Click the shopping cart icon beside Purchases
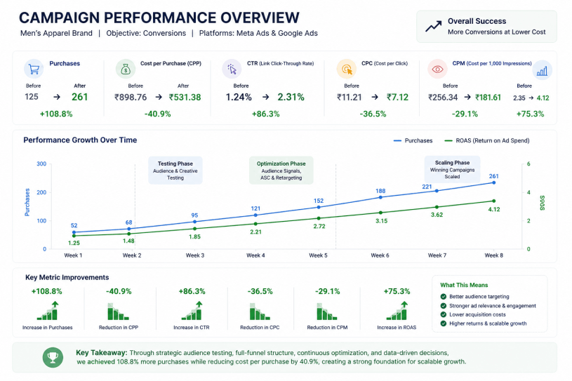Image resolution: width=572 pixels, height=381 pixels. coord(34,69)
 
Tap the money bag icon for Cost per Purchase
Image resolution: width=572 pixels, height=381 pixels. coord(126,69)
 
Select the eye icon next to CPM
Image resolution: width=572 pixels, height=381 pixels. coord(437,69)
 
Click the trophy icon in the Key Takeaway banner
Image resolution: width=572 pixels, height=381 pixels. coord(53,357)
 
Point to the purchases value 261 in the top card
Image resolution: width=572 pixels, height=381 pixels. coord(79,97)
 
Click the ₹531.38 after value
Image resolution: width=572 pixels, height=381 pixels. coord(185,98)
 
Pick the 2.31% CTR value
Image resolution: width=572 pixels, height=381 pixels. coord(291,97)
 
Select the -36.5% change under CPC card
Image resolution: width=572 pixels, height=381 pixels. coord(373,114)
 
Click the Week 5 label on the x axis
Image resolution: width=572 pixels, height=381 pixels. coord(318,255)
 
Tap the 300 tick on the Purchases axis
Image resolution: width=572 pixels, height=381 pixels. coord(41,163)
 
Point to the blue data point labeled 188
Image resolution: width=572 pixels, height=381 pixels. coord(380,197)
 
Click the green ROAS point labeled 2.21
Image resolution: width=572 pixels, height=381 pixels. coord(255,224)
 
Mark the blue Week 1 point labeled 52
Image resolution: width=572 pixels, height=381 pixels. coord(74,232)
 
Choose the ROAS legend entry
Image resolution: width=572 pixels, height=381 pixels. coord(486,141)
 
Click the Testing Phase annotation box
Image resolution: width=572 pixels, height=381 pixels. coord(175,171)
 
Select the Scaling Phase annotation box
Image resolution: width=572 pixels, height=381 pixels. coord(452,170)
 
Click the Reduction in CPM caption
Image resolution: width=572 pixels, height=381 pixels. coord(327,328)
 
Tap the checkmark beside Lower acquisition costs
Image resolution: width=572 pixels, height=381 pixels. coord(444,314)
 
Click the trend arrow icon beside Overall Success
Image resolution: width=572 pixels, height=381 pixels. coord(433,26)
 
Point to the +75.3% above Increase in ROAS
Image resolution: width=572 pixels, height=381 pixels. coord(397,291)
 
